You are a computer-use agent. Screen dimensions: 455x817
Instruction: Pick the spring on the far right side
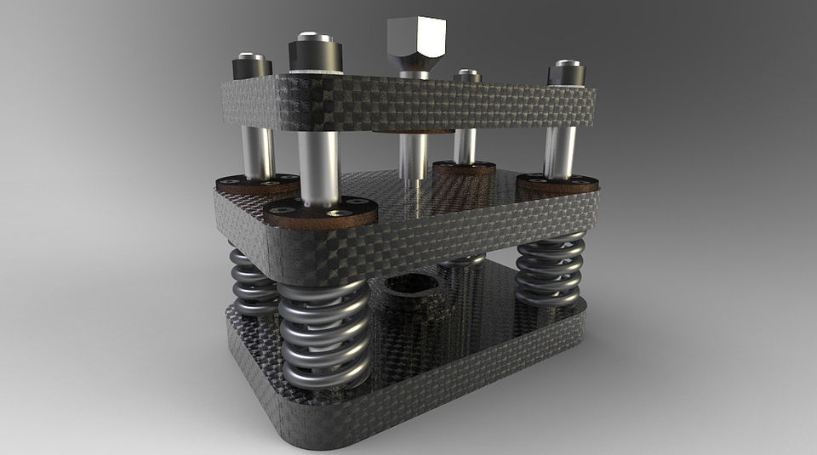tap(551, 270)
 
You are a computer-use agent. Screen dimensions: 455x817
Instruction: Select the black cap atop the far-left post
tap(253, 65)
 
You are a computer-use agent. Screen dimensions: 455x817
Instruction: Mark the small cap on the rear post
tap(467, 77)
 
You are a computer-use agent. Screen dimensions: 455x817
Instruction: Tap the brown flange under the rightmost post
tap(557, 183)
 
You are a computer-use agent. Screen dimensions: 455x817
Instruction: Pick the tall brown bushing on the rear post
tap(464, 174)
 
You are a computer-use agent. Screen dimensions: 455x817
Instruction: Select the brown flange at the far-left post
tap(255, 183)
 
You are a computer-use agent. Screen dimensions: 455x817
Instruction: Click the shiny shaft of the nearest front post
tap(318, 166)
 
